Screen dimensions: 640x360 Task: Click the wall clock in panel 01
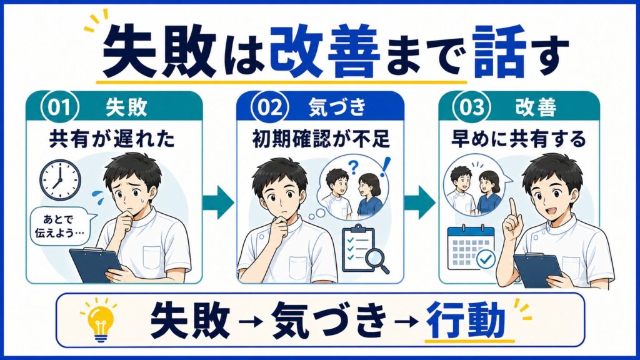[x=60, y=180]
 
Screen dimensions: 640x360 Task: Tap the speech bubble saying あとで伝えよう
[x=62, y=227]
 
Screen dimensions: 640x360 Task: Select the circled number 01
[x=59, y=107]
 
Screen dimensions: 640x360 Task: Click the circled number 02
[x=270, y=107]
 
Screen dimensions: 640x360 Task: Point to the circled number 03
[x=472, y=107]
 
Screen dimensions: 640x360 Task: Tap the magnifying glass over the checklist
[x=377, y=261]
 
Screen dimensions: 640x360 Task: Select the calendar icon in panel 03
[x=471, y=247]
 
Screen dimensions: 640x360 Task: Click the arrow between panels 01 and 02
[x=219, y=202]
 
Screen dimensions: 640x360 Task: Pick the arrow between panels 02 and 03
[x=420, y=202]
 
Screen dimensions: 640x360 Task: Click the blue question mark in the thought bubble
[x=354, y=167]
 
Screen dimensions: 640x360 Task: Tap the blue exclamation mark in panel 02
[x=385, y=167]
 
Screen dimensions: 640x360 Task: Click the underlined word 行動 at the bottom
[x=465, y=320]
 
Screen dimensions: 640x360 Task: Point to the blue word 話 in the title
[x=499, y=51]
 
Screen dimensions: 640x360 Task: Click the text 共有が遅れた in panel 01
[x=112, y=139]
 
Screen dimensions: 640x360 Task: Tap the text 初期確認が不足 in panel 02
[x=321, y=139]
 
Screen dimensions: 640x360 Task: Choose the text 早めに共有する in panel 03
[x=518, y=139]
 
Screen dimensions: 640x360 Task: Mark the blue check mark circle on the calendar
[x=486, y=258]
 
